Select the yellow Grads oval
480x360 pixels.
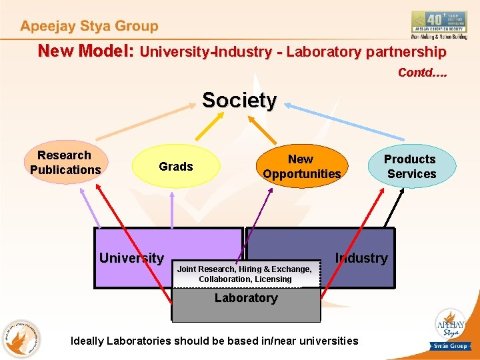(x=176, y=167)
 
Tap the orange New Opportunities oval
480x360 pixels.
(x=301, y=167)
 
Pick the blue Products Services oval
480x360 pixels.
(x=411, y=167)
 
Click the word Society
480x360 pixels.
(x=239, y=100)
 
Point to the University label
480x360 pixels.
(x=131, y=258)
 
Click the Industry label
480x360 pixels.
(x=361, y=258)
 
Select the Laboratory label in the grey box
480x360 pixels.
(x=246, y=298)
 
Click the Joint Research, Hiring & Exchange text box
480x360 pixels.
(x=245, y=274)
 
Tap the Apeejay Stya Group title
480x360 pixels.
(x=89, y=27)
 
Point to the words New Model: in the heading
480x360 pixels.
(x=86, y=51)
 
